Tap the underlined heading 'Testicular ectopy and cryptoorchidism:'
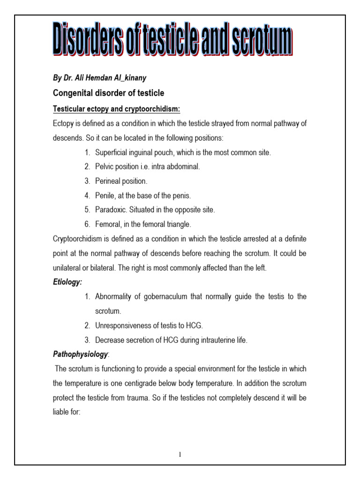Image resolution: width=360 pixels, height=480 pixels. point(116,109)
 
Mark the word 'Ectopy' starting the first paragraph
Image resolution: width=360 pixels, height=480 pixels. point(63,124)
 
